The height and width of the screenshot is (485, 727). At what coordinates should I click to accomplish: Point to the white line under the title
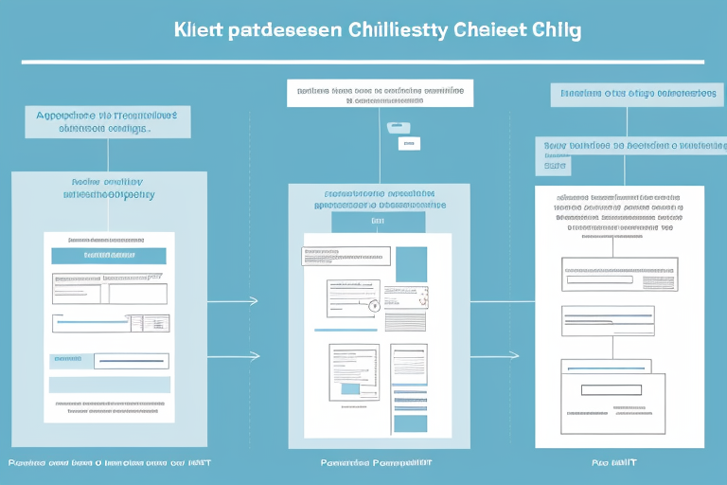pos(363,63)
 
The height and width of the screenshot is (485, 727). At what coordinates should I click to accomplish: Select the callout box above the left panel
pos(107,122)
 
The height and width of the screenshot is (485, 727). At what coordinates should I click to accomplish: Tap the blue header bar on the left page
pos(108,255)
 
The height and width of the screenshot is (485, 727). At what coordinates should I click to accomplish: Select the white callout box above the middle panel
pos(380,93)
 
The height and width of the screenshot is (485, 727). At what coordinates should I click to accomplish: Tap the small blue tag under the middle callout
pos(398,126)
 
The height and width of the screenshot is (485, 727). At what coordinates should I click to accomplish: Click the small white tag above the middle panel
pos(408,144)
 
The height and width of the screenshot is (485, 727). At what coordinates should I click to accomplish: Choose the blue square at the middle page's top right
pos(411,263)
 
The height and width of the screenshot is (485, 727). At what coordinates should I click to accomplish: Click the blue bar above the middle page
pos(378,222)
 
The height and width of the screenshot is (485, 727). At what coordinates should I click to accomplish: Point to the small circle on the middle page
pos(373,306)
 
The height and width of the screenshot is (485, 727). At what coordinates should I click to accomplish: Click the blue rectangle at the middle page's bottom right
pos(411,422)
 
